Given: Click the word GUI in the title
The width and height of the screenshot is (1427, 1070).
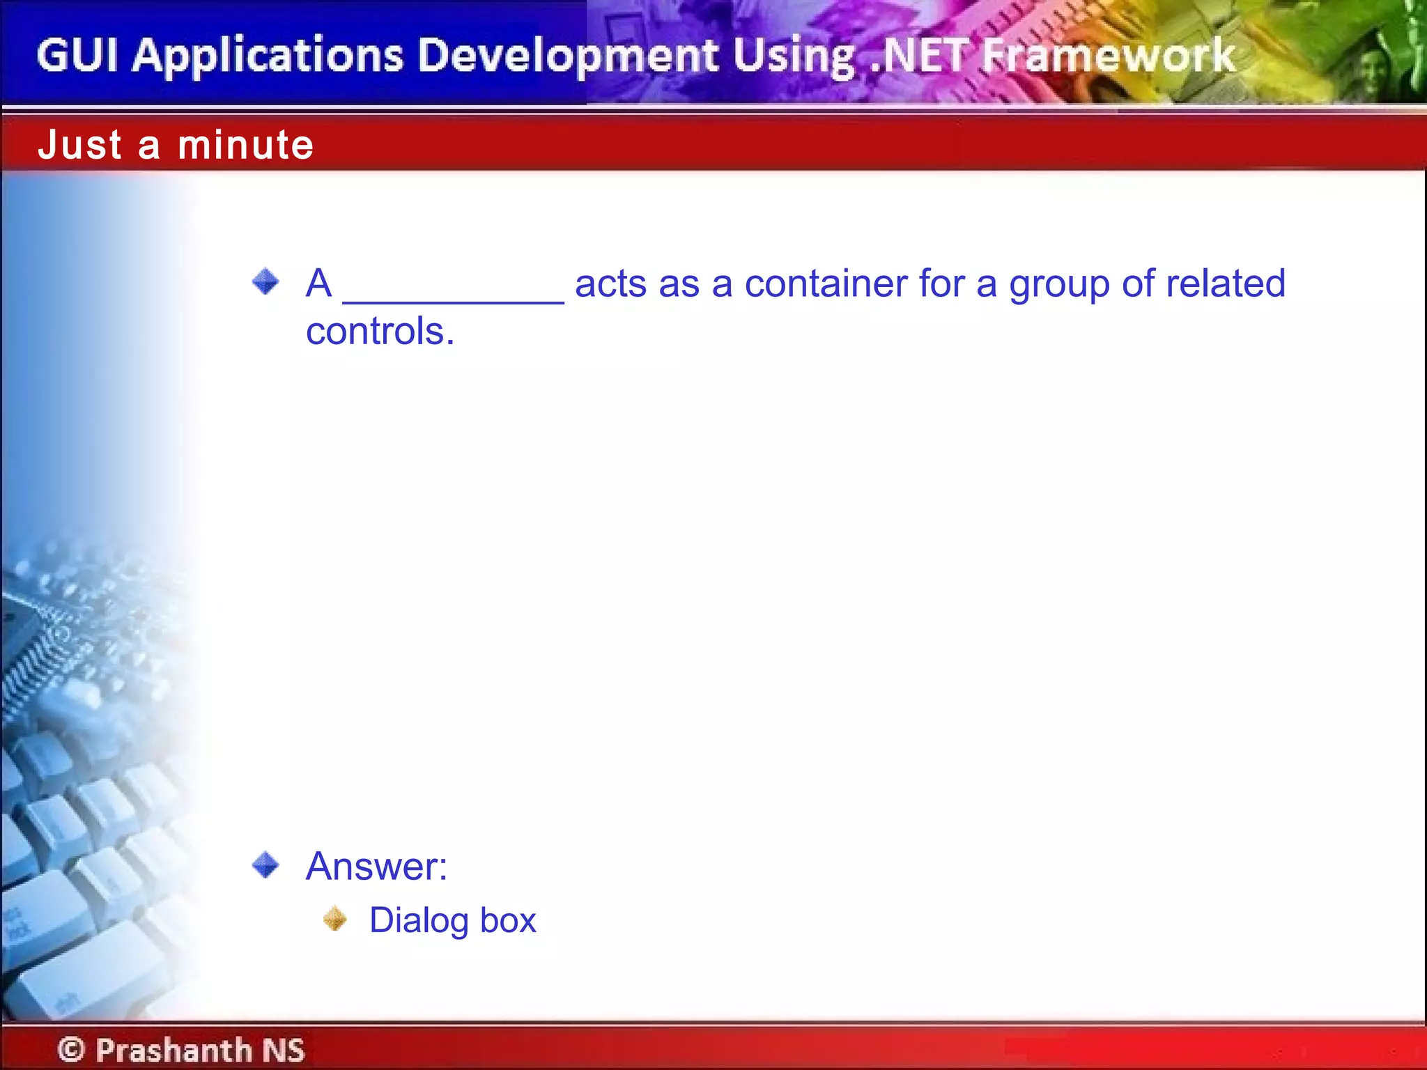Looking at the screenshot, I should [x=77, y=55].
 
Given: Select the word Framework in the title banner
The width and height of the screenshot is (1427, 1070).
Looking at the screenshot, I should [x=1109, y=56].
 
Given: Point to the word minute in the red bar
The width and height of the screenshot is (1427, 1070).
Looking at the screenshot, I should [x=246, y=145].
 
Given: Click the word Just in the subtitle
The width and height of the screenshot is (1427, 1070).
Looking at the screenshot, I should [x=80, y=145].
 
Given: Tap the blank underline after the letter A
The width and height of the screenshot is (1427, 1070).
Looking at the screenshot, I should [x=453, y=296].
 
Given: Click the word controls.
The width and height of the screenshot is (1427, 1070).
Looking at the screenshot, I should [x=380, y=331].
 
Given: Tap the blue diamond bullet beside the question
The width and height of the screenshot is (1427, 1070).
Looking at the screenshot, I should [x=265, y=282].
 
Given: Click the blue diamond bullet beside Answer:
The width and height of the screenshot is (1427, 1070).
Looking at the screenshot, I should [x=265, y=865].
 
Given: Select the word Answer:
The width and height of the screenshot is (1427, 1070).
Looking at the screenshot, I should [x=376, y=866].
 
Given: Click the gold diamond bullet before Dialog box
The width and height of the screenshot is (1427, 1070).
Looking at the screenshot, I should [x=335, y=918].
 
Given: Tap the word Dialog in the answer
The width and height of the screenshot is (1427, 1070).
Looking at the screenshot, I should [x=419, y=921].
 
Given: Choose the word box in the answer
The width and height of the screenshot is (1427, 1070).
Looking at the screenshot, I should [x=508, y=920].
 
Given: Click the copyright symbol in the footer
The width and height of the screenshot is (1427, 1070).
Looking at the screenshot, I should [x=71, y=1049].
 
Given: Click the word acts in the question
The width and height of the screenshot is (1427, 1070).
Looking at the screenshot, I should [x=610, y=284].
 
